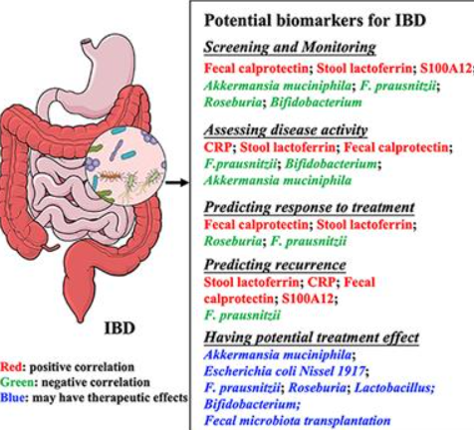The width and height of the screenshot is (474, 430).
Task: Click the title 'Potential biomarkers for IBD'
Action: pyautogui.click(x=315, y=21)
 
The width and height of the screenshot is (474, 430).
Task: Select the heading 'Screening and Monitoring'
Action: pyautogui.click(x=290, y=47)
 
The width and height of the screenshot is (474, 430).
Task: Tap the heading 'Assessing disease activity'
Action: pyautogui.click(x=286, y=129)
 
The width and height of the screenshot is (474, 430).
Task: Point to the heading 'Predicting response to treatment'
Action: pyautogui.click(x=309, y=207)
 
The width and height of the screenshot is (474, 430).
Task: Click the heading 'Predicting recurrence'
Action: pyautogui.click(x=275, y=265)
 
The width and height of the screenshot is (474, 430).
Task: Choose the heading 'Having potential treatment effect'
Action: pyautogui.click(x=312, y=337)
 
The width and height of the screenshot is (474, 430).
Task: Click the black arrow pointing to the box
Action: pyautogui.click(x=177, y=182)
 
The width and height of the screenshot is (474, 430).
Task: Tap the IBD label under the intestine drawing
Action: pyautogui.click(x=119, y=328)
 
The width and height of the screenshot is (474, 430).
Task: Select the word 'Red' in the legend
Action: pyautogui.click(x=11, y=367)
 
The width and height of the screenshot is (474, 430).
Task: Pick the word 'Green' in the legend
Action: pyautogui.click(x=17, y=382)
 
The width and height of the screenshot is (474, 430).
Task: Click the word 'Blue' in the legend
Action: pyautogui.click(x=12, y=397)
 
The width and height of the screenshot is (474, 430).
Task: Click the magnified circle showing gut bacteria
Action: pyautogui.click(x=125, y=166)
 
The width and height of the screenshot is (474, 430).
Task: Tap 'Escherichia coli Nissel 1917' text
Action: pyautogui.click(x=285, y=371)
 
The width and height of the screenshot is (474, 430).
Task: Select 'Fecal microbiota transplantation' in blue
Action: pyautogui.click(x=297, y=421)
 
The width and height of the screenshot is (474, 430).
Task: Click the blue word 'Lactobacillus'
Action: pyautogui.click(x=394, y=387)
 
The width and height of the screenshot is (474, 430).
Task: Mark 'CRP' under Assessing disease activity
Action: pyautogui.click(x=217, y=147)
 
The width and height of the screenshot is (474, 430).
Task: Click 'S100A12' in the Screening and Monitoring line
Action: pyautogui.click(x=446, y=69)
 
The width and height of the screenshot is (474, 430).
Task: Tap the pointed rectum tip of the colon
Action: pyautogui.click(x=80, y=320)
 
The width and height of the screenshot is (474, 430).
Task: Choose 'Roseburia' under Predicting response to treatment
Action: pyautogui.click(x=233, y=241)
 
